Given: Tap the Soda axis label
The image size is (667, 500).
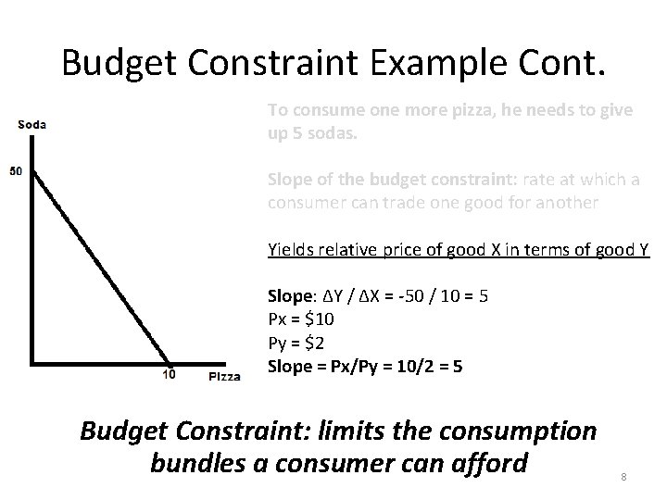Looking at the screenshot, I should pyautogui.click(x=31, y=124).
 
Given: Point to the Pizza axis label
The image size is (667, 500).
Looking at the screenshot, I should pyautogui.click(x=224, y=376).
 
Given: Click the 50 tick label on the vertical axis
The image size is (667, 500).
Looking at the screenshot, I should pyautogui.click(x=17, y=171).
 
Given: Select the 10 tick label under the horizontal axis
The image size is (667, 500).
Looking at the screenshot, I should pyautogui.click(x=170, y=376).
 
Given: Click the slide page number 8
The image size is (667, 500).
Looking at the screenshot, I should pyautogui.click(x=624, y=476).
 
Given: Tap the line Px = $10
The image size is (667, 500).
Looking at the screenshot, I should pyautogui.click(x=301, y=319).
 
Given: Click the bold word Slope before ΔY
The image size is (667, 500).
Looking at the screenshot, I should pyautogui.click(x=288, y=297).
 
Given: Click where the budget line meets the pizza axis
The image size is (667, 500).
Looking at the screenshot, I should pyautogui.click(x=170, y=362).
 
